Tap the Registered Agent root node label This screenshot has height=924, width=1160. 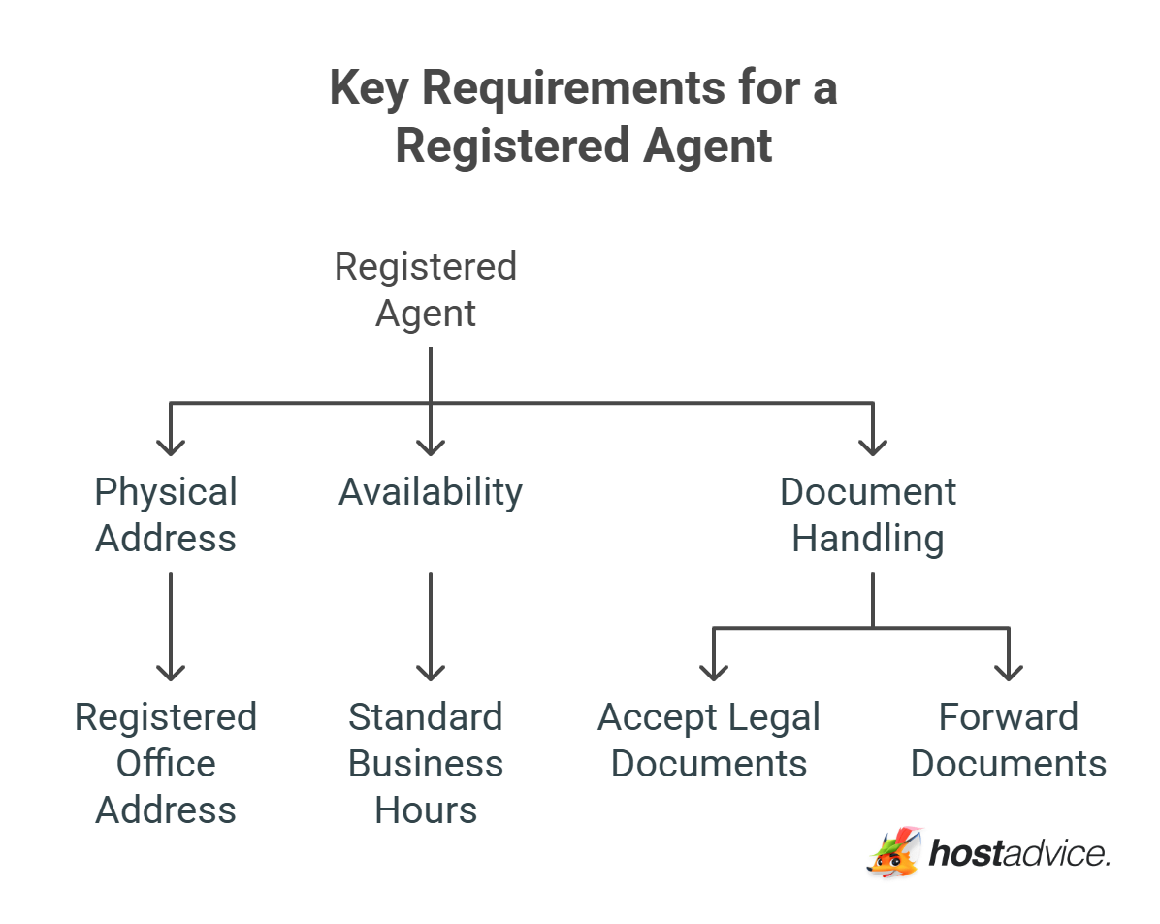pyautogui.click(x=426, y=289)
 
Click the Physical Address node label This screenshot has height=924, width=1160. pyautogui.click(x=166, y=514)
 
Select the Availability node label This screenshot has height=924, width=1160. pyautogui.click(x=430, y=492)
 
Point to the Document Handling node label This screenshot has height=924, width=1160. pyautogui.click(x=868, y=514)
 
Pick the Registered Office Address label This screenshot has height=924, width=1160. pyautogui.click(x=166, y=763)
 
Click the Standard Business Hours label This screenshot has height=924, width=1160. pyautogui.click(x=426, y=763)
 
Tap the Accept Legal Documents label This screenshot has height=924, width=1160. pyautogui.click(x=709, y=740)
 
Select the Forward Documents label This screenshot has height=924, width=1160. pyautogui.click(x=1009, y=740)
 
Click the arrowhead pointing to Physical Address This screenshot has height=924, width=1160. pyautogui.click(x=171, y=445)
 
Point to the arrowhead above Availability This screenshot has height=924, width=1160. pyautogui.click(x=430, y=445)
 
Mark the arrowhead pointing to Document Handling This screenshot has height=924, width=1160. pyautogui.click(x=873, y=445)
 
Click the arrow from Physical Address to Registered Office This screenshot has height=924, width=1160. pyautogui.click(x=171, y=626)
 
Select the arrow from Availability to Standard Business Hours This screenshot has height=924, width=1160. pyautogui.click(x=430, y=626)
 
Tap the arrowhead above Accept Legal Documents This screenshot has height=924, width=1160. pyautogui.click(x=714, y=671)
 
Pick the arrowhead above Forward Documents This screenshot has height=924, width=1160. pyautogui.click(x=1009, y=671)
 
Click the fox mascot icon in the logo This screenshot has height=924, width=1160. pyautogui.click(x=892, y=852)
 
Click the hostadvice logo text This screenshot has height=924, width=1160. pyautogui.click(x=1018, y=853)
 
